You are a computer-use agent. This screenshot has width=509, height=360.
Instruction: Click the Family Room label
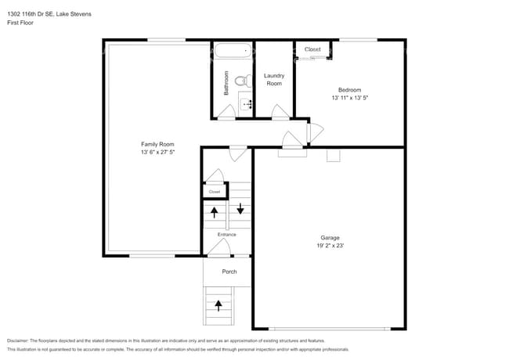pyautogui.click(x=157, y=144)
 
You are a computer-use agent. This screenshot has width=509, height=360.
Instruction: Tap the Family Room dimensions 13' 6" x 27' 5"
pyautogui.click(x=157, y=153)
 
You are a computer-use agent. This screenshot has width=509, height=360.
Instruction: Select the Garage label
pyautogui.click(x=330, y=237)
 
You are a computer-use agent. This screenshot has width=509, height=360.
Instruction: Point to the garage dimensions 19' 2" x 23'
pyautogui.click(x=330, y=246)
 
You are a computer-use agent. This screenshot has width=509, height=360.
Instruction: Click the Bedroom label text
pyautogui.click(x=349, y=89)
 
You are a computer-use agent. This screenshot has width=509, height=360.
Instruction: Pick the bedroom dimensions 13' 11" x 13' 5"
pyautogui.click(x=349, y=98)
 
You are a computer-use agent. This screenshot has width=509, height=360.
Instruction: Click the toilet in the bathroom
pyautogui.click(x=243, y=80)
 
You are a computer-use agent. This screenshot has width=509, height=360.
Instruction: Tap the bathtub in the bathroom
pyautogui.click(x=233, y=52)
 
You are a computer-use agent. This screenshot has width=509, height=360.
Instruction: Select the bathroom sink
pyautogui.click(x=246, y=103)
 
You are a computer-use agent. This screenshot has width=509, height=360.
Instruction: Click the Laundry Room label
pyautogui.click(x=273, y=79)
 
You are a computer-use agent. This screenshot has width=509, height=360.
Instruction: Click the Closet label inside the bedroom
pyautogui.click(x=312, y=49)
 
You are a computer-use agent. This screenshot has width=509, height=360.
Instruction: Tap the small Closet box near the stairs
pyautogui.click(x=215, y=191)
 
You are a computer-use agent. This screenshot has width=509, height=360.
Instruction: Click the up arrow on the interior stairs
pyautogui.click(x=215, y=211)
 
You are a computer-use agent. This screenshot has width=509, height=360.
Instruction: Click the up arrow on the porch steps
pyautogui.click(x=218, y=305)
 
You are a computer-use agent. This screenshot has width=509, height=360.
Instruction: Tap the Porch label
pyautogui.click(x=229, y=272)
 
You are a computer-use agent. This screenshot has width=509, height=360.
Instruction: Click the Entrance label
pyautogui.click(x=226, y=234)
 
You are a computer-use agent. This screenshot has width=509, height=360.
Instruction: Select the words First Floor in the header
pyautogui.click(x=21, y=23)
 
